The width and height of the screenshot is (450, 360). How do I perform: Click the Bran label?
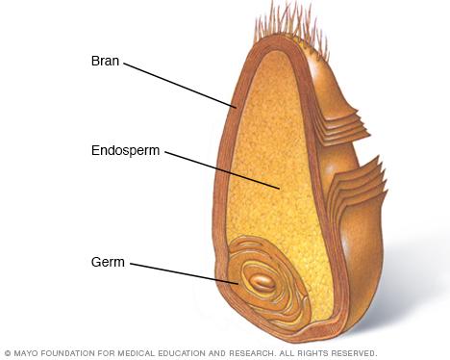pyautogui.click(x=105, y=61)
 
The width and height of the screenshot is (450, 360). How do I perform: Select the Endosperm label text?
pyautogui.click(x=125, y=151)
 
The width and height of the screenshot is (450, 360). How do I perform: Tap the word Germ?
pyautogui.click(x=109, y=262)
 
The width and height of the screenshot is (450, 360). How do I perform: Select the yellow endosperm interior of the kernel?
pyautogui.click(x=269, y=154)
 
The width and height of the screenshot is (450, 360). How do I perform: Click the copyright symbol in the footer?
pyautogui.click(x=7, y=353)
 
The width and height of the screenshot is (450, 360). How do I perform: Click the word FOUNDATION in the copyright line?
pyautogui.click(x=68, y=353)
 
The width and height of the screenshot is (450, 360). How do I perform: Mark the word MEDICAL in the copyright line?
pyautogui.click(x=138, y=353)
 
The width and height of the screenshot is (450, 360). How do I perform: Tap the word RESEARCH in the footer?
pyautogui.click(x=258, y=353)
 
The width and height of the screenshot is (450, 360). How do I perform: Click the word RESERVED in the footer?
pyautogui.click(x=357, y=353)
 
